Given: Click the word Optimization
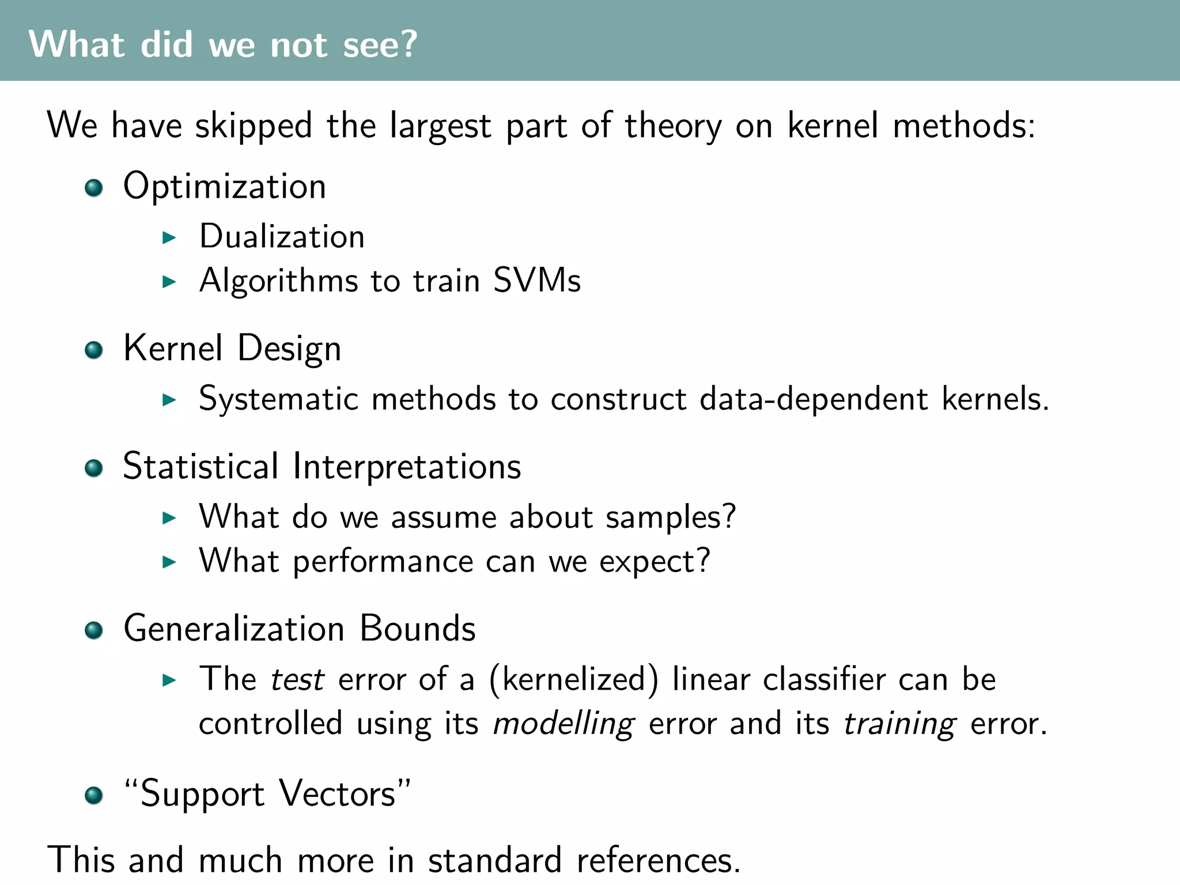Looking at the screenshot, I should click(225, 187).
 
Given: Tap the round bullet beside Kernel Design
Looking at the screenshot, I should click(93, 350).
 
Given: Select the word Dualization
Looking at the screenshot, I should click(282, 237).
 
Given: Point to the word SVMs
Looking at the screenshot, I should click(537, 281).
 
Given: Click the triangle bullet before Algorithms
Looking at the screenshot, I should click(169, 282).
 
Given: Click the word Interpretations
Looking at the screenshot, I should click(407, 466).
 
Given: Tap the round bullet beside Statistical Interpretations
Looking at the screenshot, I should click(93, 468).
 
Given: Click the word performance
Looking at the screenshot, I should click(383, 562).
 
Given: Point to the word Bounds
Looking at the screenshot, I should click(418, 629).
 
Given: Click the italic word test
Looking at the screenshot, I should click(297, 679).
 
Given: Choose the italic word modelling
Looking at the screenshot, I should click(564, 724).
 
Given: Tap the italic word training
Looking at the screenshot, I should click(899, 724).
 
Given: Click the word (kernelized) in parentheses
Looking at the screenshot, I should click(573, 679).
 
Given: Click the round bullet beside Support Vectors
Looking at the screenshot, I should click(93, 796).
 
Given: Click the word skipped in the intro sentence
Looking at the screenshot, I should click(254, 126).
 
